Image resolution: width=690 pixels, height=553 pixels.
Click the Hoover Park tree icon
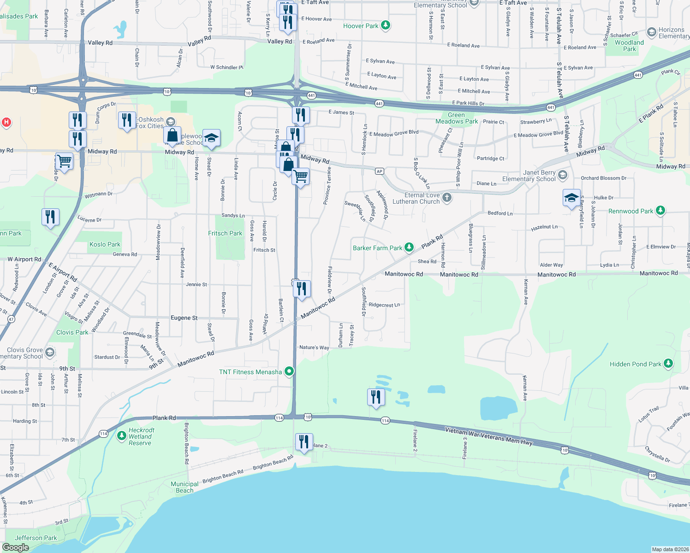[x=386, y=26]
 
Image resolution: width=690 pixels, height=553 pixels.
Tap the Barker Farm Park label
[x=377, y=248]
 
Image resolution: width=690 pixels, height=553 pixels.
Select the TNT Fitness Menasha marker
[x=289, y=371]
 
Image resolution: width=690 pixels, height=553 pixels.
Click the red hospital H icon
[x=6, y=122]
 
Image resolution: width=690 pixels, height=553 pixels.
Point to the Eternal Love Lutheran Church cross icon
[x=446, y=198]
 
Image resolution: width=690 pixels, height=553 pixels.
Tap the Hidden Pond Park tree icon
[x=668, y=364]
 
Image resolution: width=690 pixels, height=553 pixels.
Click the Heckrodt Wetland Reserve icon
[x=122, y=435]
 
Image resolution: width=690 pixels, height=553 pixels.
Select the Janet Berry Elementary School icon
[x=562, y=175]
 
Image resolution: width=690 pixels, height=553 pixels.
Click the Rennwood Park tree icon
[x=660, y=211]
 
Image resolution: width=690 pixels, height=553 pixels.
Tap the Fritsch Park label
[x=225, y=233]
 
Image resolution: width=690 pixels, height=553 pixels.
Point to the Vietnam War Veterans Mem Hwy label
[x=489, y=436]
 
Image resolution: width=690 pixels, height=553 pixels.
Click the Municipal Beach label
[x=184, y=487]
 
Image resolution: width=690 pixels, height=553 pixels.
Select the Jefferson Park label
[x=36, y=538]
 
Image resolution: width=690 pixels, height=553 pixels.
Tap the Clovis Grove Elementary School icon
[x=50, y=353]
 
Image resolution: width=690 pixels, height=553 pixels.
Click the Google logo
[x=15, y=547]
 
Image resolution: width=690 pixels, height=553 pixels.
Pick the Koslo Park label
[x=105, y=244]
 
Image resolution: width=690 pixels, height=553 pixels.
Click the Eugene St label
[x=184, y=318]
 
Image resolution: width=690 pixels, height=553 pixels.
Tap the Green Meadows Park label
[x=457, y=118]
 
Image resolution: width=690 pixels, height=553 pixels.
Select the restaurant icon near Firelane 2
[x=303, y=442]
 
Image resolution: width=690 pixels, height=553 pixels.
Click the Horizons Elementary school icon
[x=651, y=32]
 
